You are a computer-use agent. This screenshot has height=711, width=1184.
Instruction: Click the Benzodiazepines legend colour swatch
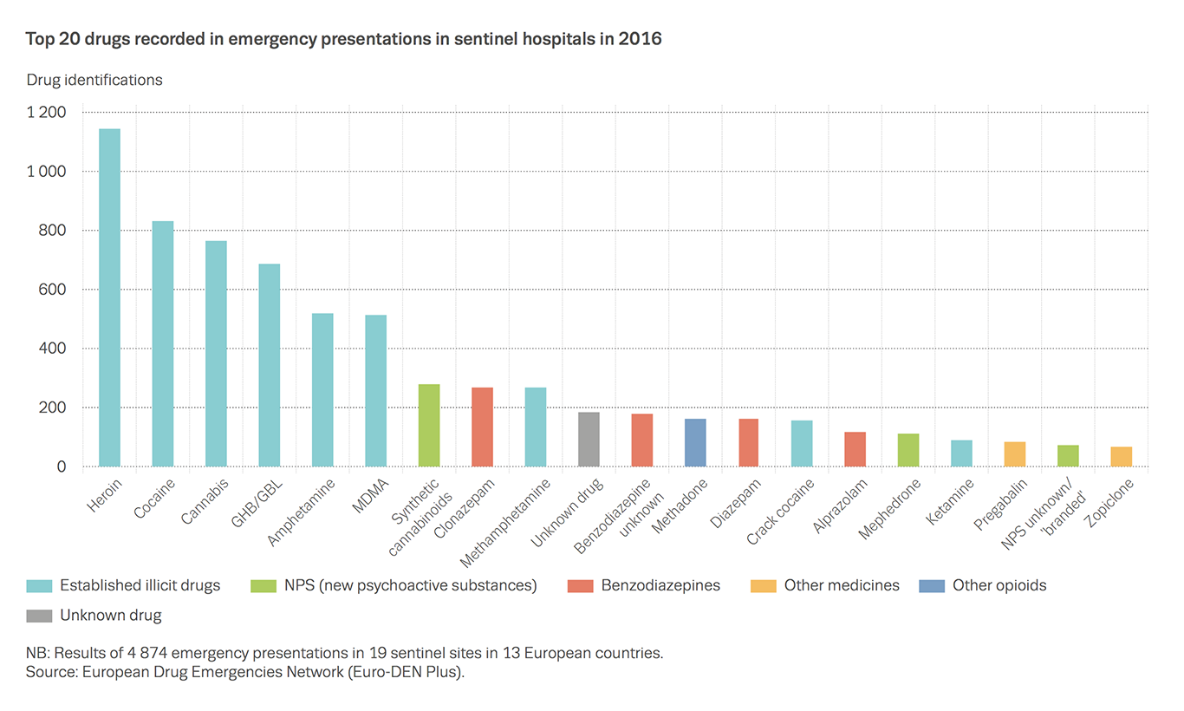581,585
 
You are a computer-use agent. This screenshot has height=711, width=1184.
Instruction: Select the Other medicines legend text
842,585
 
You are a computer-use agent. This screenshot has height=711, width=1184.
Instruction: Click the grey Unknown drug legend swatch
40,616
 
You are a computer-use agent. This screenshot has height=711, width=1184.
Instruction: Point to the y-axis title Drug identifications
94,80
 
